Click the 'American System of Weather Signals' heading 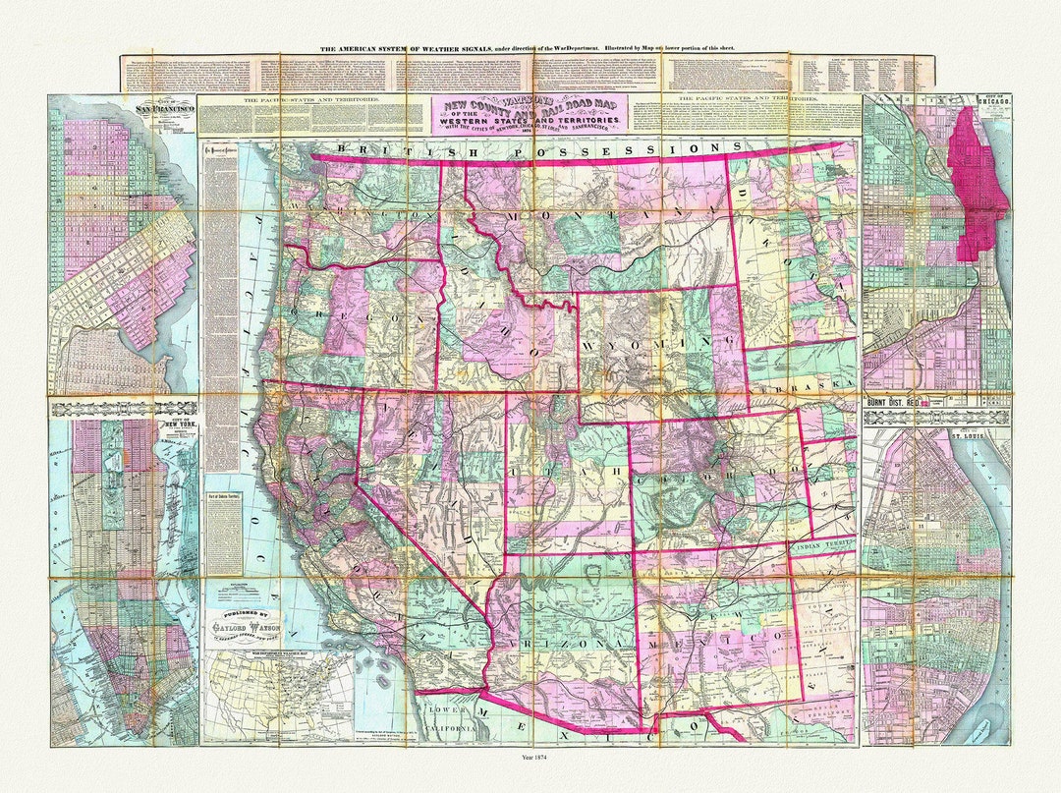[x=529, y=47]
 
